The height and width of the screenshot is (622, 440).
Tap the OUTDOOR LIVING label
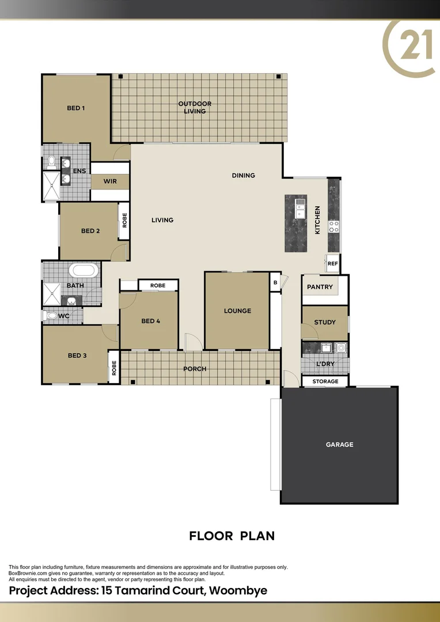click(195, 108)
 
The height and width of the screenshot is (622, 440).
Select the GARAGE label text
click(339, 445)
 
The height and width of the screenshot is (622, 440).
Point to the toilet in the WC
click(51, 316)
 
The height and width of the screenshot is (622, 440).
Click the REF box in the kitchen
click(332, 263)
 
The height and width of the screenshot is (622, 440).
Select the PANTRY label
click(320, 287)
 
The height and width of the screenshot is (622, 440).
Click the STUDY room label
click(325, 322)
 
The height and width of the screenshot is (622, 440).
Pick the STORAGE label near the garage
click(325, 382)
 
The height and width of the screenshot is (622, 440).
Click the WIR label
click(110, 181)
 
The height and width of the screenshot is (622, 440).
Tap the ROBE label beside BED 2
click(124, 220)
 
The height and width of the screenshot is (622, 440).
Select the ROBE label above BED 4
click(158, 286)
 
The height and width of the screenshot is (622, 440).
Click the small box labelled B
click(275, 282)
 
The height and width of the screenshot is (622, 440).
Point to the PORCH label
click(195, 369)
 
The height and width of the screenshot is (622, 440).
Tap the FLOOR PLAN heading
click(232, 536)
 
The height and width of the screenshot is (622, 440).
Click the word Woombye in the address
click(238, 591)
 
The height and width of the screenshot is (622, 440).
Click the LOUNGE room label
click(237, 311)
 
